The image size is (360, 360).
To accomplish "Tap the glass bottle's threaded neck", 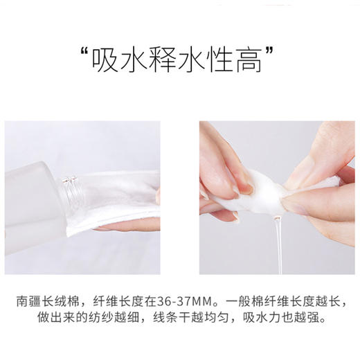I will click(70, 187).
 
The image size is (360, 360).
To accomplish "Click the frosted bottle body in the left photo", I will click(31, 208).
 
